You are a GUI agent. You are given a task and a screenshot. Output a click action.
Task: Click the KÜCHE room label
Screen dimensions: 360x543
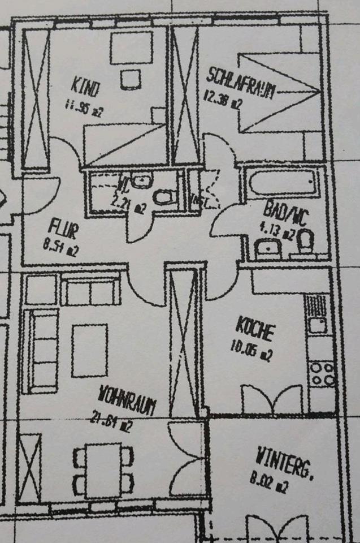tap(255, 329)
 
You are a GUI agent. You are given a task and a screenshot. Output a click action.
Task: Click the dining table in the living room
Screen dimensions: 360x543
tap(103, 470)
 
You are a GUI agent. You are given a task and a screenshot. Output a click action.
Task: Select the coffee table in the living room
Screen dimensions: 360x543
tap(89, 350)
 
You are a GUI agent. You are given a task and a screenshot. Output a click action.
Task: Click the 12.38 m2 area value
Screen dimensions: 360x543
tap(223, 102)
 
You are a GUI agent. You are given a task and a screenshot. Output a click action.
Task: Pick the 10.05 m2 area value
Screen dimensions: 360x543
tap(252, 351)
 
